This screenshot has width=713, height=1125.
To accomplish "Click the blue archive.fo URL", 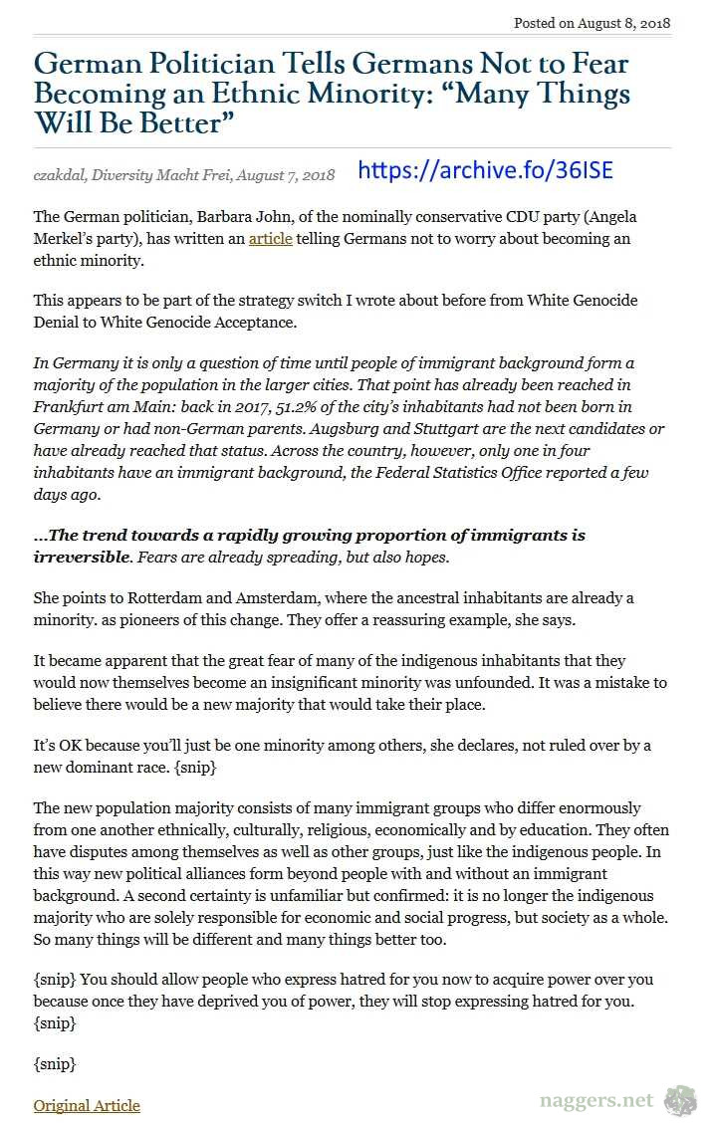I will click(485, 171).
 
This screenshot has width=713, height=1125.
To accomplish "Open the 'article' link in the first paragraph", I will click(270, 239).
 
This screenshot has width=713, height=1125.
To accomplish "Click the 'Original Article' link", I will click(87, 1105).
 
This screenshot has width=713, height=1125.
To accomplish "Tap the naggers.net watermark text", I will click(596, 1100).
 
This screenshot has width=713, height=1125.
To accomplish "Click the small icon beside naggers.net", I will click(680, 1100).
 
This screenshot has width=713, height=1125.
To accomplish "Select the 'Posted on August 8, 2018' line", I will click(592, 23).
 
